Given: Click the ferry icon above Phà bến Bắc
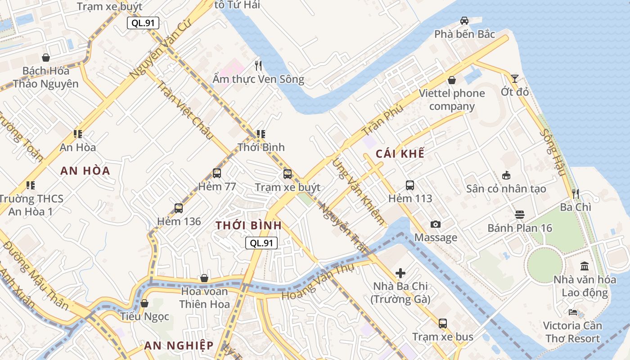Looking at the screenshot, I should click(x=464, y=21).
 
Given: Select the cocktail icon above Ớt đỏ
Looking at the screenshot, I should click(x=514, y=79).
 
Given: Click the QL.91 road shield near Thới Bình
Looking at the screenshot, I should click(x=261, y=243).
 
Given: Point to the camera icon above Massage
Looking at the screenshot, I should click(x=435, y=224).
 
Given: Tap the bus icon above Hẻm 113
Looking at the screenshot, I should click(x=410, y=185).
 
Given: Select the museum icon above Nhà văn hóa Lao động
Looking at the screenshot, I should click(x=585, y=266).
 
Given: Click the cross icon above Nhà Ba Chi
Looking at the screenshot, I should click(x=400, y=273).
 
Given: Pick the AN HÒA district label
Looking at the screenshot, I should click(x=85, y=171).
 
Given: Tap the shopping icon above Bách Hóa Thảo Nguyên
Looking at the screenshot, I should click(x=45, y=58).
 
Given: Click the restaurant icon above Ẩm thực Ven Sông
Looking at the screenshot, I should click(x=258, y=66).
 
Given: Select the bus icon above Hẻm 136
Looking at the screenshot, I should click(x=179, y=208).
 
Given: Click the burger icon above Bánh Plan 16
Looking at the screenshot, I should click(x=520, y=215).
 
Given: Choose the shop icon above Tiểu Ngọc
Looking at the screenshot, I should click(x=144, y=303).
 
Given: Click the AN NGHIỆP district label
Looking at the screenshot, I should click(x=179, y=346).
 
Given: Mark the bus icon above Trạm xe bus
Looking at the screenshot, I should click(x=443, y=323).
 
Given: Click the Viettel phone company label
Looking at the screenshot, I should click(x=452, y=100).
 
